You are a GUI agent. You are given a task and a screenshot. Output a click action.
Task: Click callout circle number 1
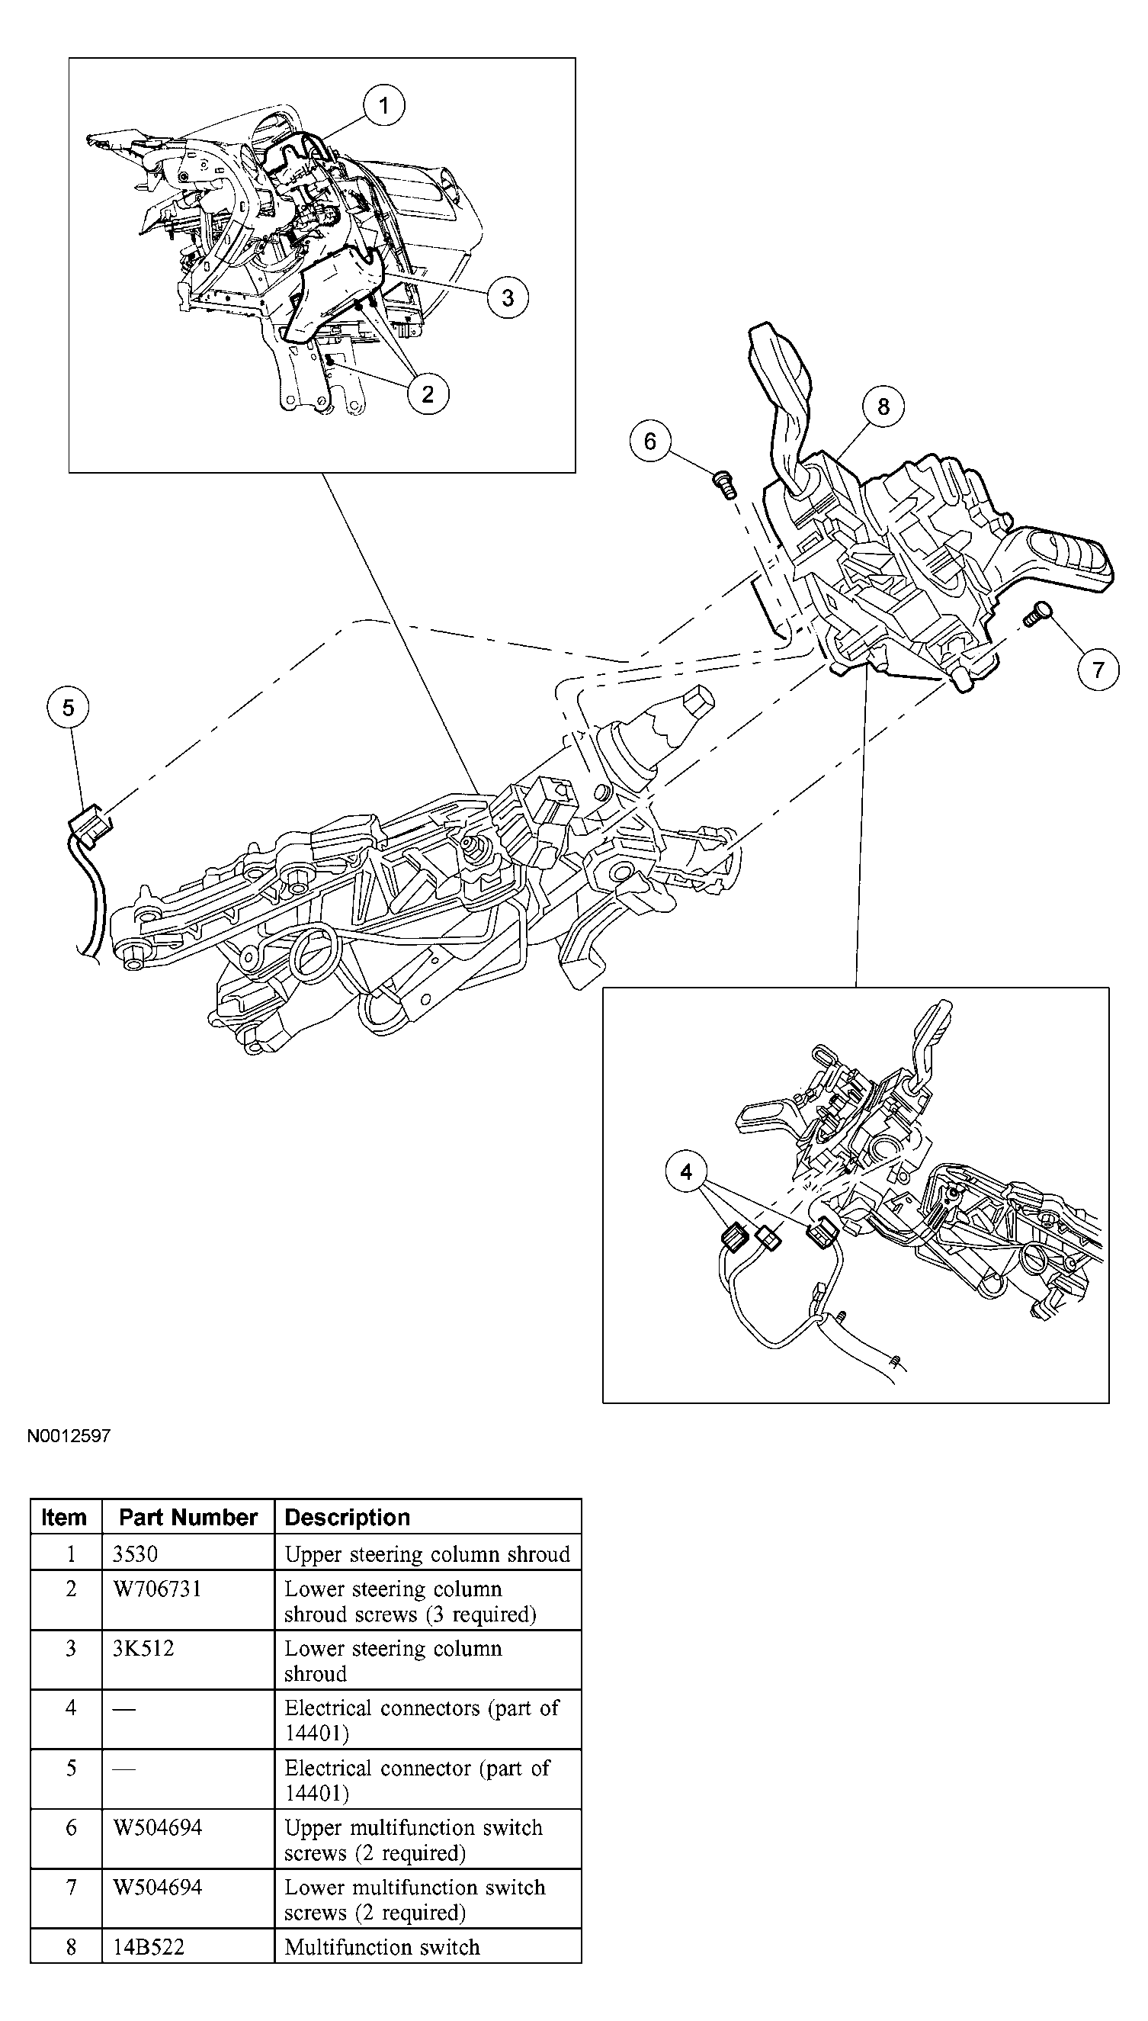pyautogui.click(x=384, y=105)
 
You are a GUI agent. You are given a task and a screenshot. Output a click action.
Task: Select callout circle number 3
pyautogui.click(x=507, y=297)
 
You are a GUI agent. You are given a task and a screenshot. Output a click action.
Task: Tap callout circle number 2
pyautogui.click(x=428, y=394)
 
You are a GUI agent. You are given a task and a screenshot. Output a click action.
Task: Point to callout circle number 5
pyautogui.click(x=68, y=708)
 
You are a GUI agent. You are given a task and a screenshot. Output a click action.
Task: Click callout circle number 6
pyautogui.click(x=649, y=441)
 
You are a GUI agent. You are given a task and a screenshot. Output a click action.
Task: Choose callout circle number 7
pyautogui.click(x=1098, y=670)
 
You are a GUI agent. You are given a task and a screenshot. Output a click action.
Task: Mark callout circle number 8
pyautogui.click(x=883, y=406)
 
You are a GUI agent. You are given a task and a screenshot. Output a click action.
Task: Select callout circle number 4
pyautogui.click(x=686, y=1172)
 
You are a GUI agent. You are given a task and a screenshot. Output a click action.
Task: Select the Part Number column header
pyautogui.click(x=188, y=1517)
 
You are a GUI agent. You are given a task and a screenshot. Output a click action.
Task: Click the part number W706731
pyautogui.click(x=158, y=1589)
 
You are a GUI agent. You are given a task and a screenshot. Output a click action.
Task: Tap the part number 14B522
pyautogui.click(x=148, y=1946)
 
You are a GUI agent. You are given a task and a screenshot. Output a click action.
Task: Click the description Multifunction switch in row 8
pyautogui.click(x=382, y=1946)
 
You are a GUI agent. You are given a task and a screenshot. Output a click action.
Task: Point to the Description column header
pyautogui.click(x=347, y=1517)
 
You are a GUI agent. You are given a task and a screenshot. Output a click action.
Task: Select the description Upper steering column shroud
pyautogui.click(x=427, y=1554)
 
